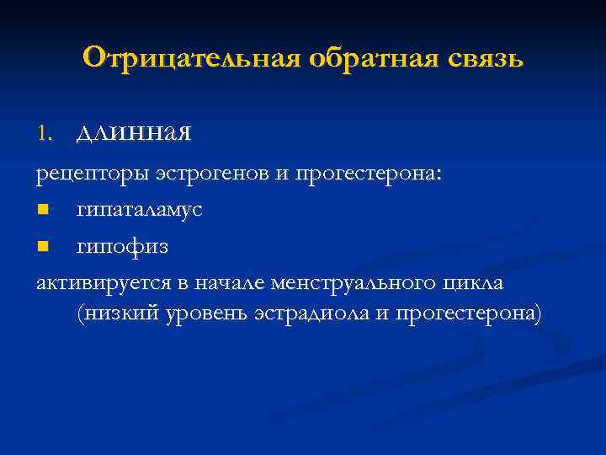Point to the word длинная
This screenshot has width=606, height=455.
coord(134,132)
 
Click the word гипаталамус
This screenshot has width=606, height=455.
coord(139,210)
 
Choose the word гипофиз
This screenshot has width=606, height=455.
coord(122,247)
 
